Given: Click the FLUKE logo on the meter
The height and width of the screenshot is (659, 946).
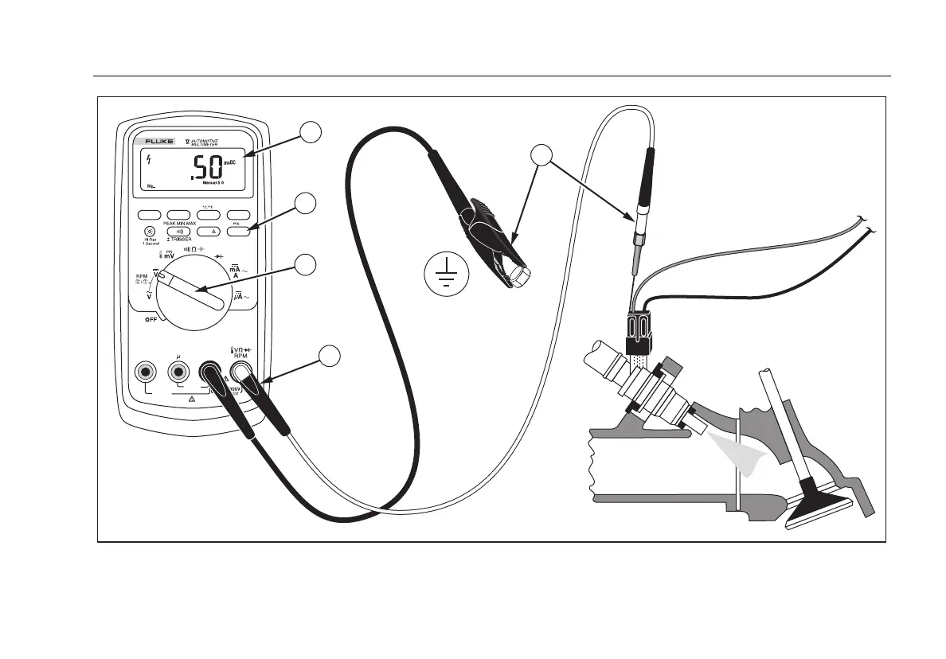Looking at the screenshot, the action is (x=159, y=141).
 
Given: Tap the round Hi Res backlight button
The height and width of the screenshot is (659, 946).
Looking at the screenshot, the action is (x=149, y=231).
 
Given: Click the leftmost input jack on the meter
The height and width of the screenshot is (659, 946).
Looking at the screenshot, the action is (x=145, y=371).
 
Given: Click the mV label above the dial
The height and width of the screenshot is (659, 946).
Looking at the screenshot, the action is (x=170, y=254).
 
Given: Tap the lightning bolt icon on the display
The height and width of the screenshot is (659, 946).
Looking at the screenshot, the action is (x=149, y=158).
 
